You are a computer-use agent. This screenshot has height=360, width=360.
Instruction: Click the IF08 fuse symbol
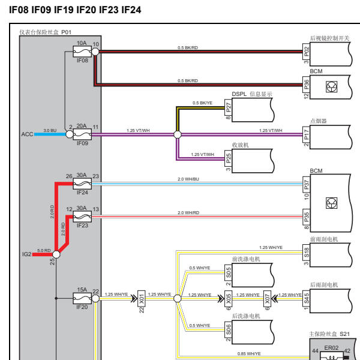pos(82,52)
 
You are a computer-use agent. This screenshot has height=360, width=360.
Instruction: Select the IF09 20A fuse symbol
pos(82,134)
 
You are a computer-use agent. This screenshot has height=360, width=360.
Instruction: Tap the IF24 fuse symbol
pos(82,184)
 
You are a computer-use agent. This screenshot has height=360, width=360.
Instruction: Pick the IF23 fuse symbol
pos(82,217)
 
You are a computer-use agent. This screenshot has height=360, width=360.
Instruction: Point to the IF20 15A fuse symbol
pos(82,298)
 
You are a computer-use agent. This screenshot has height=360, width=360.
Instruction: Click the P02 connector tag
pos(306,52)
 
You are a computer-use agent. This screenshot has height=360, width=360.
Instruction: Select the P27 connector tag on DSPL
pos(228,107)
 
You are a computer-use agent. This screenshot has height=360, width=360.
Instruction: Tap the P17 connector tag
pos(306,134)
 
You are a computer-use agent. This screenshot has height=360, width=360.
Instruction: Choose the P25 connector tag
pos(228,158)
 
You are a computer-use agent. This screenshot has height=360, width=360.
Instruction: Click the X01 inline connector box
pos(142,298)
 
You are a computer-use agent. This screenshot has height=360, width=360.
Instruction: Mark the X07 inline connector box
pos(267,298)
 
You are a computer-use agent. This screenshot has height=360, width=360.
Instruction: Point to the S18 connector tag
pos(306,253)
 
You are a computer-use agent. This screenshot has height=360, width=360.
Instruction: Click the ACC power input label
pos(28,134)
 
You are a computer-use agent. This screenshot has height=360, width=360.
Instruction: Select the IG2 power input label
pos(27,254)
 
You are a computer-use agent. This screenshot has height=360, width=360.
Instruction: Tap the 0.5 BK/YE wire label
pos(203,103)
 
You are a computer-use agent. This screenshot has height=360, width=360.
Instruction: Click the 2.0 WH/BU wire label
pos(188,179)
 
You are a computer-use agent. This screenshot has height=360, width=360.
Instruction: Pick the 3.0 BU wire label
pos(50,130)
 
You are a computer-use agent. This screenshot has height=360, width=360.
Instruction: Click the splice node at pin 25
pos(56,254)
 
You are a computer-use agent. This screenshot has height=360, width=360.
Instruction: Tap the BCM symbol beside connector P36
pos(332,87)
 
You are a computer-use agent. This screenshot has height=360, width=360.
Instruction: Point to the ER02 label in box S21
pos(331,348)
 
